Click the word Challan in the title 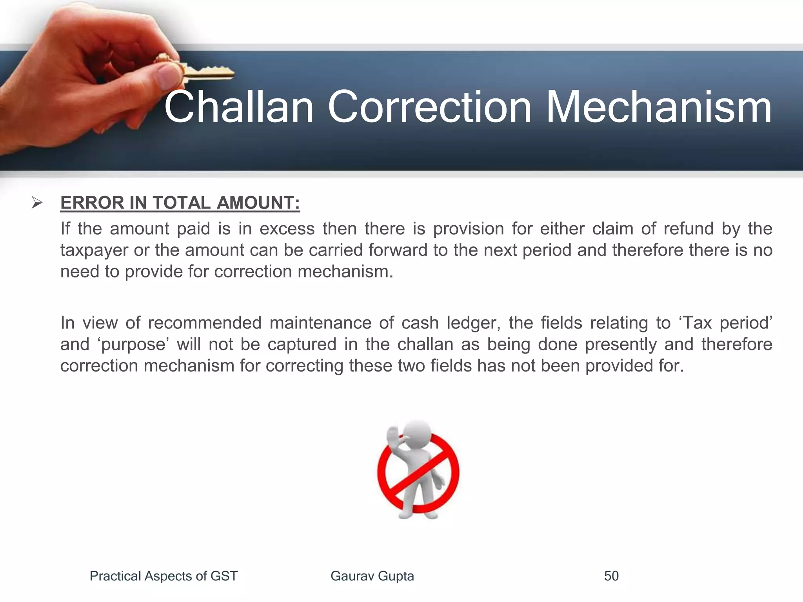tap(239, 107)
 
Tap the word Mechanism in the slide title tap(659, 107)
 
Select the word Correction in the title tap(429, 107)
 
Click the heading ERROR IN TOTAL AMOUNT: tap(180, 203)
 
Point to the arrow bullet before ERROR tap(37, 203)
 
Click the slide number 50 tap(611, 576)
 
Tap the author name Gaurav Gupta tap(372, 576)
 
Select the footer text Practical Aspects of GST tap(164, 576)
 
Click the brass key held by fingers tap(204, 71)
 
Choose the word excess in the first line tap(287, 228)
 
